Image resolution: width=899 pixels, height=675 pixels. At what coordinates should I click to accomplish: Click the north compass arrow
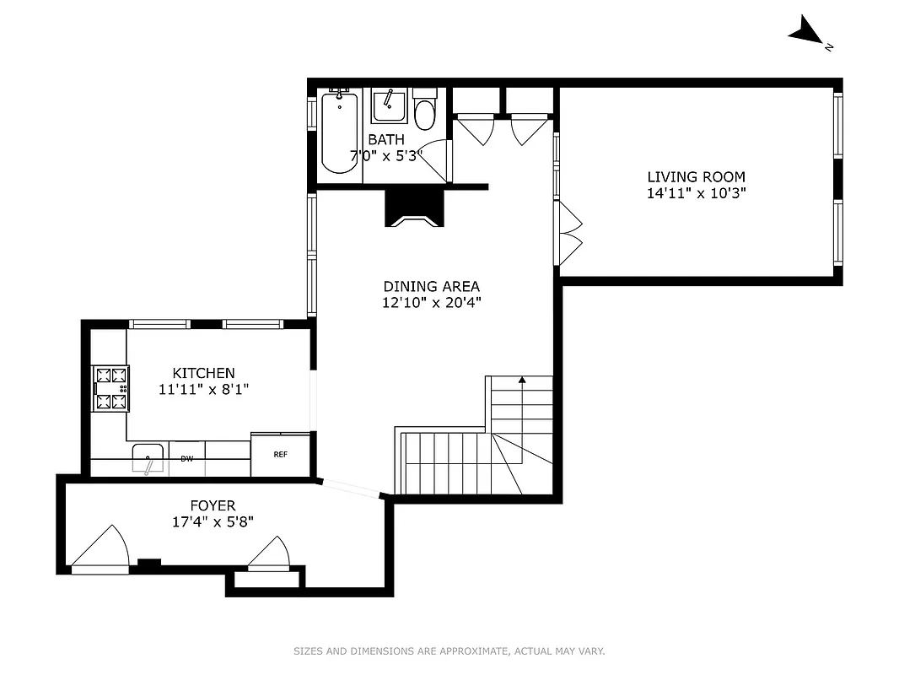(x=806, y=32)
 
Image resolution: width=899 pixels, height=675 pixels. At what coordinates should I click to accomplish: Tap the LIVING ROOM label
(x=696, y=177)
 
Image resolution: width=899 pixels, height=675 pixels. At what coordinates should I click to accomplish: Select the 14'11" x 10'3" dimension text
(x=696, y=193)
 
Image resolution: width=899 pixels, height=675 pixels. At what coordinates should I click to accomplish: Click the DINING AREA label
(x=431, y=286)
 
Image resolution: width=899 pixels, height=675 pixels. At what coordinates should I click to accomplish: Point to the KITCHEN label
(x=203, y=373)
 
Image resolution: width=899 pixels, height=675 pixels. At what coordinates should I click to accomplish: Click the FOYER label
(x=212, y=505)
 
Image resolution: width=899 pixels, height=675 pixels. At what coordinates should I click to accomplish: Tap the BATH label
(x=385, y=139)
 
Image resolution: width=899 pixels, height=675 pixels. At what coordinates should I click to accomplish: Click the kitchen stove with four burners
(x=110, y=388)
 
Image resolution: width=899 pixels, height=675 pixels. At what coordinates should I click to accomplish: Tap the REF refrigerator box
(x=280, y=455)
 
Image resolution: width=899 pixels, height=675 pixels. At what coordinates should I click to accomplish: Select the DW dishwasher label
(x=186, y=459)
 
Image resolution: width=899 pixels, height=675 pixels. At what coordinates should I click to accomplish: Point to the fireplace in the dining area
(x=412, y=208)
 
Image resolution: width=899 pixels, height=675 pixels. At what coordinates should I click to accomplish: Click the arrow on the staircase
(x=522, y=382)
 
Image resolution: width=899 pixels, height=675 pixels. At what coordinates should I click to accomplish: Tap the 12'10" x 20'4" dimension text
(x=431, y=302)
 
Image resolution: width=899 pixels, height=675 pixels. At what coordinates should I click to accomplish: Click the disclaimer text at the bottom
(x=449, y=651)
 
